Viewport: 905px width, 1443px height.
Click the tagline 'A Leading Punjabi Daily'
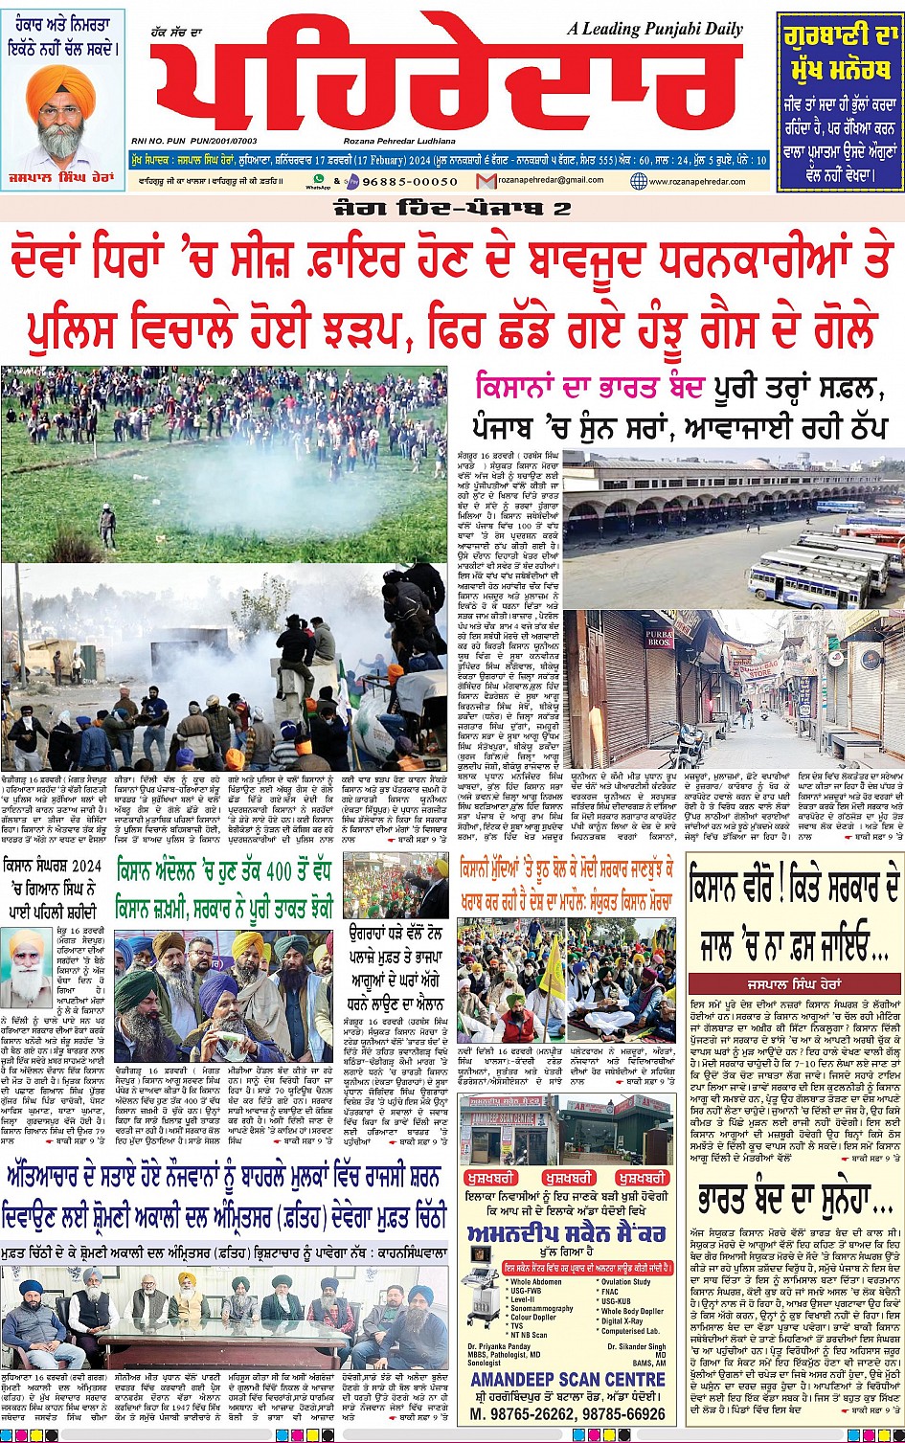pyautogui.click(x=654, y=29)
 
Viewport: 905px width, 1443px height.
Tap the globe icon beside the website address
pyautogui.click(x=639, y=181)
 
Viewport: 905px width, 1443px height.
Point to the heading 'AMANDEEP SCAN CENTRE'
pyautogui.click(x=568, y=1379)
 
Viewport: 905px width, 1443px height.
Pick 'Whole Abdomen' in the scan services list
pyautogui.click(x=536, y=1281)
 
